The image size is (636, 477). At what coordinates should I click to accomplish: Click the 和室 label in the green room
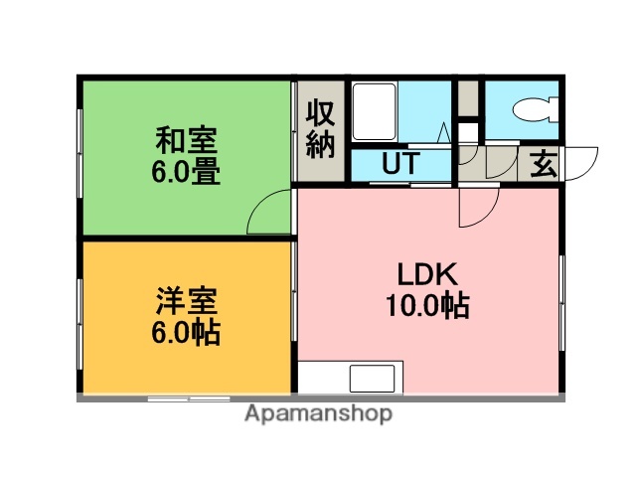[x=186, y=140]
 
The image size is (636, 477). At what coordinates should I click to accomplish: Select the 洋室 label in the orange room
[x=186, y=300]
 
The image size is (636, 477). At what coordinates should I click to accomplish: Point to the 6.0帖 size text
[x=186, y=331]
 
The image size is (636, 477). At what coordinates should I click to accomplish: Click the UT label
[x=397, y=163]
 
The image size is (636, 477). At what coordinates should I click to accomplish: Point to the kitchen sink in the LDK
[x=370, y=379]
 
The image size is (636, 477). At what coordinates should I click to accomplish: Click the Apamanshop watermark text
[x=319, y=413]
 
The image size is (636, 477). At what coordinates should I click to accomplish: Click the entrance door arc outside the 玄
[x=582, y=162]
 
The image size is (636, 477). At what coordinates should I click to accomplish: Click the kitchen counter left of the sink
[x=322, y=379]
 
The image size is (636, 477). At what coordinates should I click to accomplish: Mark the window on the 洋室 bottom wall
[x=189, y=397]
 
